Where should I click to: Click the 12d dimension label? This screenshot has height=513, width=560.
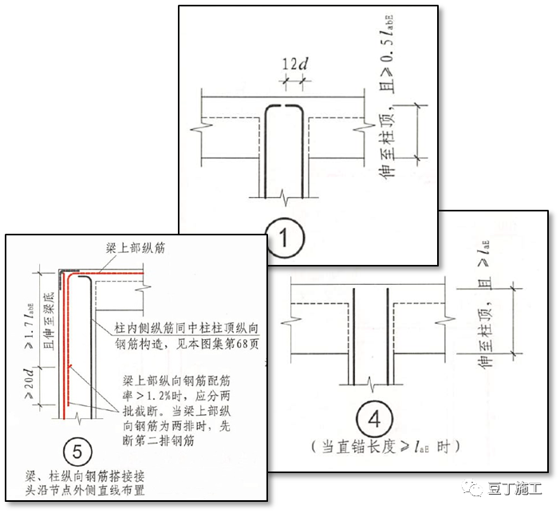pyautogui.click(x=295, y=63)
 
